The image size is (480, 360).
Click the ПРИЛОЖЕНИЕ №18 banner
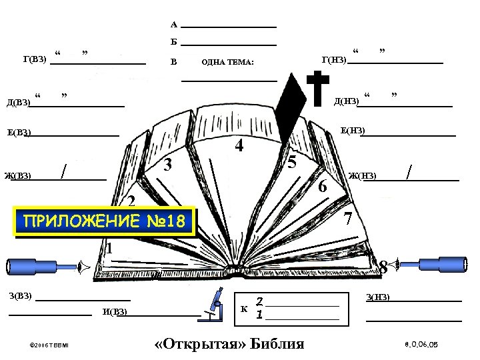pyautogui.click(x=107, y=221)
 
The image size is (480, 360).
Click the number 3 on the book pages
pyautogui.click(x=169, y=165)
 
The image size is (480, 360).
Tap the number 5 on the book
pyautogui.click(x=291, y=163)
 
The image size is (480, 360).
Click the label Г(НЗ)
pyautogui.click(x=333, y=61)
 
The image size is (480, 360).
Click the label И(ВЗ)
pyautogui.click(x=115, y=312)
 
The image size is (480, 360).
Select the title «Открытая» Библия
pyautogui.click(x=229, y=344)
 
